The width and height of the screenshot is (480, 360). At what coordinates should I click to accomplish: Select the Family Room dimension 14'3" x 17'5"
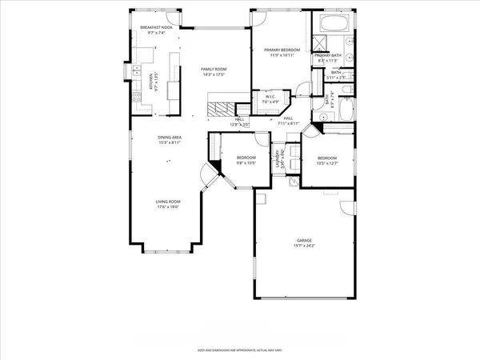(214, 75)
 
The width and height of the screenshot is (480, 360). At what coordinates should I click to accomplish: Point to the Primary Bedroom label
(282, 50)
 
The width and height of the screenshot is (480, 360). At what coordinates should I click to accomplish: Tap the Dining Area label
(169, 138)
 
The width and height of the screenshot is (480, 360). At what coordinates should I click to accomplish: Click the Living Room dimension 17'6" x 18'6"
(168, 207)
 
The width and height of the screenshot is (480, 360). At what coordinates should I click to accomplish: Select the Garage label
(304, 239)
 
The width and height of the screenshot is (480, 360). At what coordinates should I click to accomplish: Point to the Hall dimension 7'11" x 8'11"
(288, 124)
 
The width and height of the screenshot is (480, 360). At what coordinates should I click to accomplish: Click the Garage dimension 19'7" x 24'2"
(304, 245)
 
